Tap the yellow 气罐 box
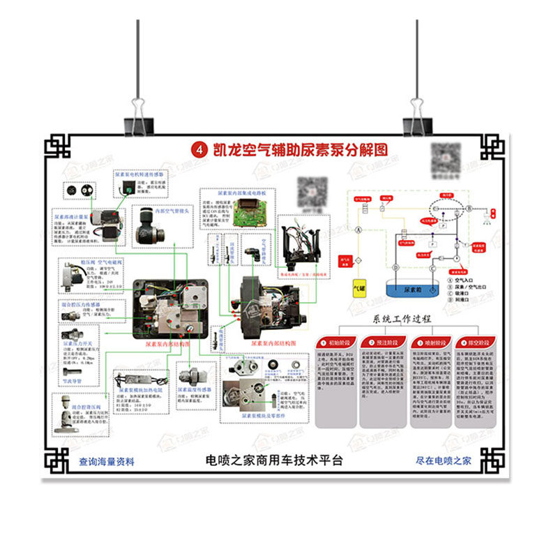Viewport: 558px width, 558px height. pyautogui.click(x=360, y=287)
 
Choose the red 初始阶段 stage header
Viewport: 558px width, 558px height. pyautogui.click(x=337, y=343)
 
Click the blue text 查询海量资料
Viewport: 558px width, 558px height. pyautogui.click(x=106, y=461)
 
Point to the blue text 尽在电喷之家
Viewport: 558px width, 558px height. pyautogui.click(x=444, y=460)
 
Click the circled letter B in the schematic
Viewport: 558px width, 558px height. pyautogui.click(x=469, y=209)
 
